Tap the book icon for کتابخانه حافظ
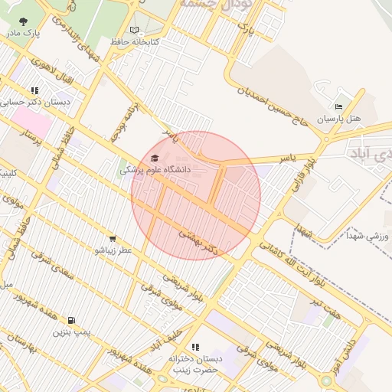coord(135,30)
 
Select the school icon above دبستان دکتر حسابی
coord(36,90)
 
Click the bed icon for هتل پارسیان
coord(338,106)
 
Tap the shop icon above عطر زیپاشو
coord(113,239)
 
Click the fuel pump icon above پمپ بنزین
coord(71,321)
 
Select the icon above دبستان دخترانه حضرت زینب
coord(194,347)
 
